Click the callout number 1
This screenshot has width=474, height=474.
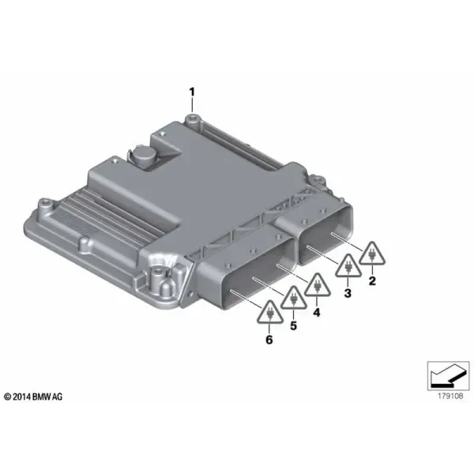[192, 92]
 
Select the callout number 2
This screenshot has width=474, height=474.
[372, 280]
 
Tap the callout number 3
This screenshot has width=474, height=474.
[348, 293]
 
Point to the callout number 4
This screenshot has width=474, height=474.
[317, 312]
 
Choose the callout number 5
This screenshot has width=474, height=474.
[293, 325]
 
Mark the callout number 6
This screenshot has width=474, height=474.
[269, 340]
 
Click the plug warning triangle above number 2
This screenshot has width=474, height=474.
[372, 254]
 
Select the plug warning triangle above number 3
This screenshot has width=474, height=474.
[348, 266]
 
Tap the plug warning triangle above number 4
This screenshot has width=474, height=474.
[317, 285]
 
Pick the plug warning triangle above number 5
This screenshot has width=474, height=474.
[294, 298]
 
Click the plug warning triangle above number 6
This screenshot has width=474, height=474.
[270, 313]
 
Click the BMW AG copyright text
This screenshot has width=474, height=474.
[33, 397]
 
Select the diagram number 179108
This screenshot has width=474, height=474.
[450, 396]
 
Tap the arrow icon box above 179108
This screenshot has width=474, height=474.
[448, 376]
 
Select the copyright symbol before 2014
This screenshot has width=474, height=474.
[8, 397]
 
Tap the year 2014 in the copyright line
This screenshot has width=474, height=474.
[21, 397]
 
